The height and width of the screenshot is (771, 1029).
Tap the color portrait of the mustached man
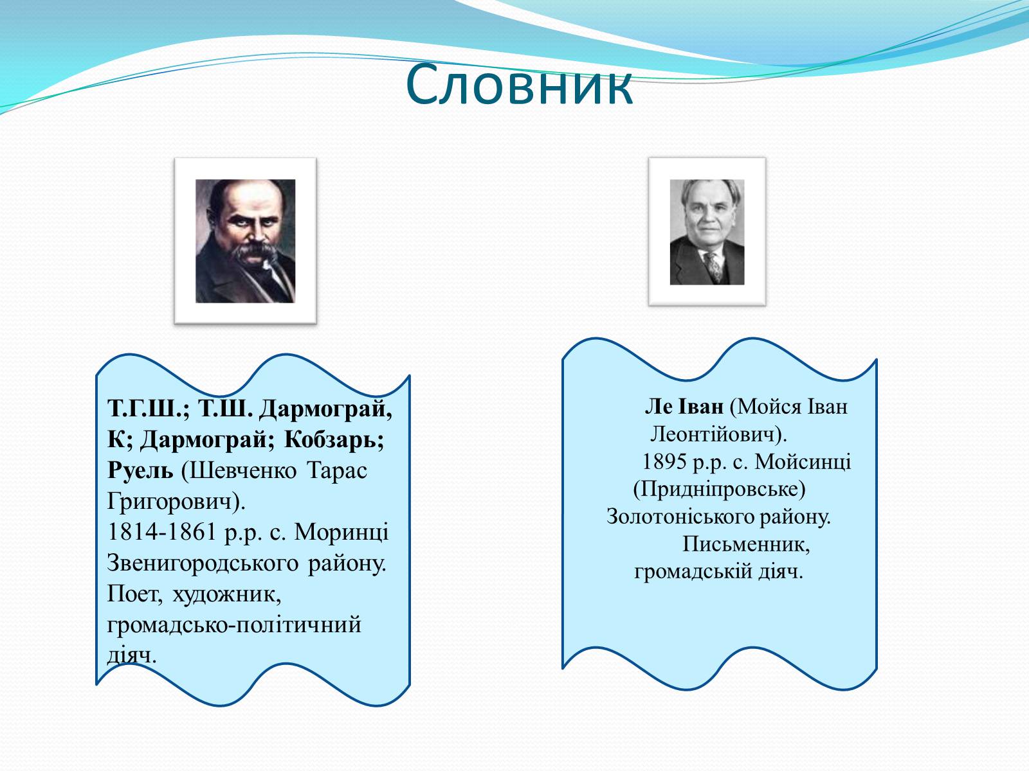pos(245,240)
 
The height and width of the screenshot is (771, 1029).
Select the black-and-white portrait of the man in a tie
pos(707,232)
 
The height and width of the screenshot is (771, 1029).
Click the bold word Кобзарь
pos(334,439)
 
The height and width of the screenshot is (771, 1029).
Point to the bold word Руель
pos(140,470)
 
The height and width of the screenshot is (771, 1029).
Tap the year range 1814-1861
pos(161,532)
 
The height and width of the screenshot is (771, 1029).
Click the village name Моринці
pos(341,532)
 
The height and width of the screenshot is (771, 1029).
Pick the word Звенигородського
pos(203,563)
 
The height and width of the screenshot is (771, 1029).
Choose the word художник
pos(227,594)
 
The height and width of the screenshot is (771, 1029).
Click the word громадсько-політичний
pos(234,625)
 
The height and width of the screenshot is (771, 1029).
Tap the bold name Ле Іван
pos(684,406)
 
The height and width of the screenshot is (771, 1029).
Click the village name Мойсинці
pos(803,462)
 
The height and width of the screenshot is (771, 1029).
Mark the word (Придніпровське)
pos(719,490)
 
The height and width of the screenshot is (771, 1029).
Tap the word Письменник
pos(746,544)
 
